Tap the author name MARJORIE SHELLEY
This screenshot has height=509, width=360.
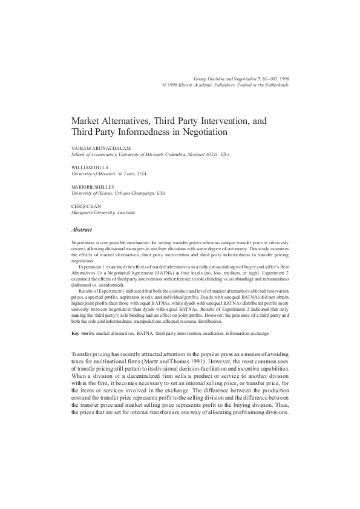(x=93, y=187)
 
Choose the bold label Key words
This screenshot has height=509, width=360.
(x=83, y=334)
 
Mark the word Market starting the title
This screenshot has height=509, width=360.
(x=86, y=121)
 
